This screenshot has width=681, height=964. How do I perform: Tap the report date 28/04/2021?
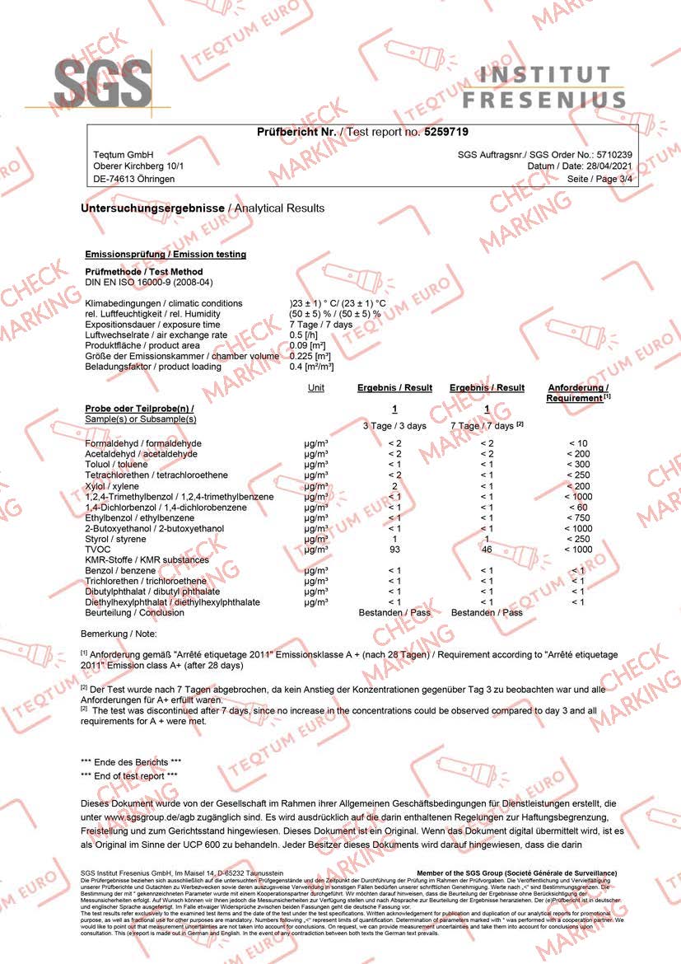(608, 166)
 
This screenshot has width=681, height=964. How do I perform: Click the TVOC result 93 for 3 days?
(394, 550)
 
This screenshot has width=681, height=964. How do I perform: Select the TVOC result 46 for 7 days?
(487, 550)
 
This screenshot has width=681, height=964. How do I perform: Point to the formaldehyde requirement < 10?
(577, 444)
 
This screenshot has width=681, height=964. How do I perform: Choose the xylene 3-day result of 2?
(394, 486)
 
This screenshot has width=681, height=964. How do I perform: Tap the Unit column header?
(315, 387)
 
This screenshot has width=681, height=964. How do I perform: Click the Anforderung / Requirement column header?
(577, 393)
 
